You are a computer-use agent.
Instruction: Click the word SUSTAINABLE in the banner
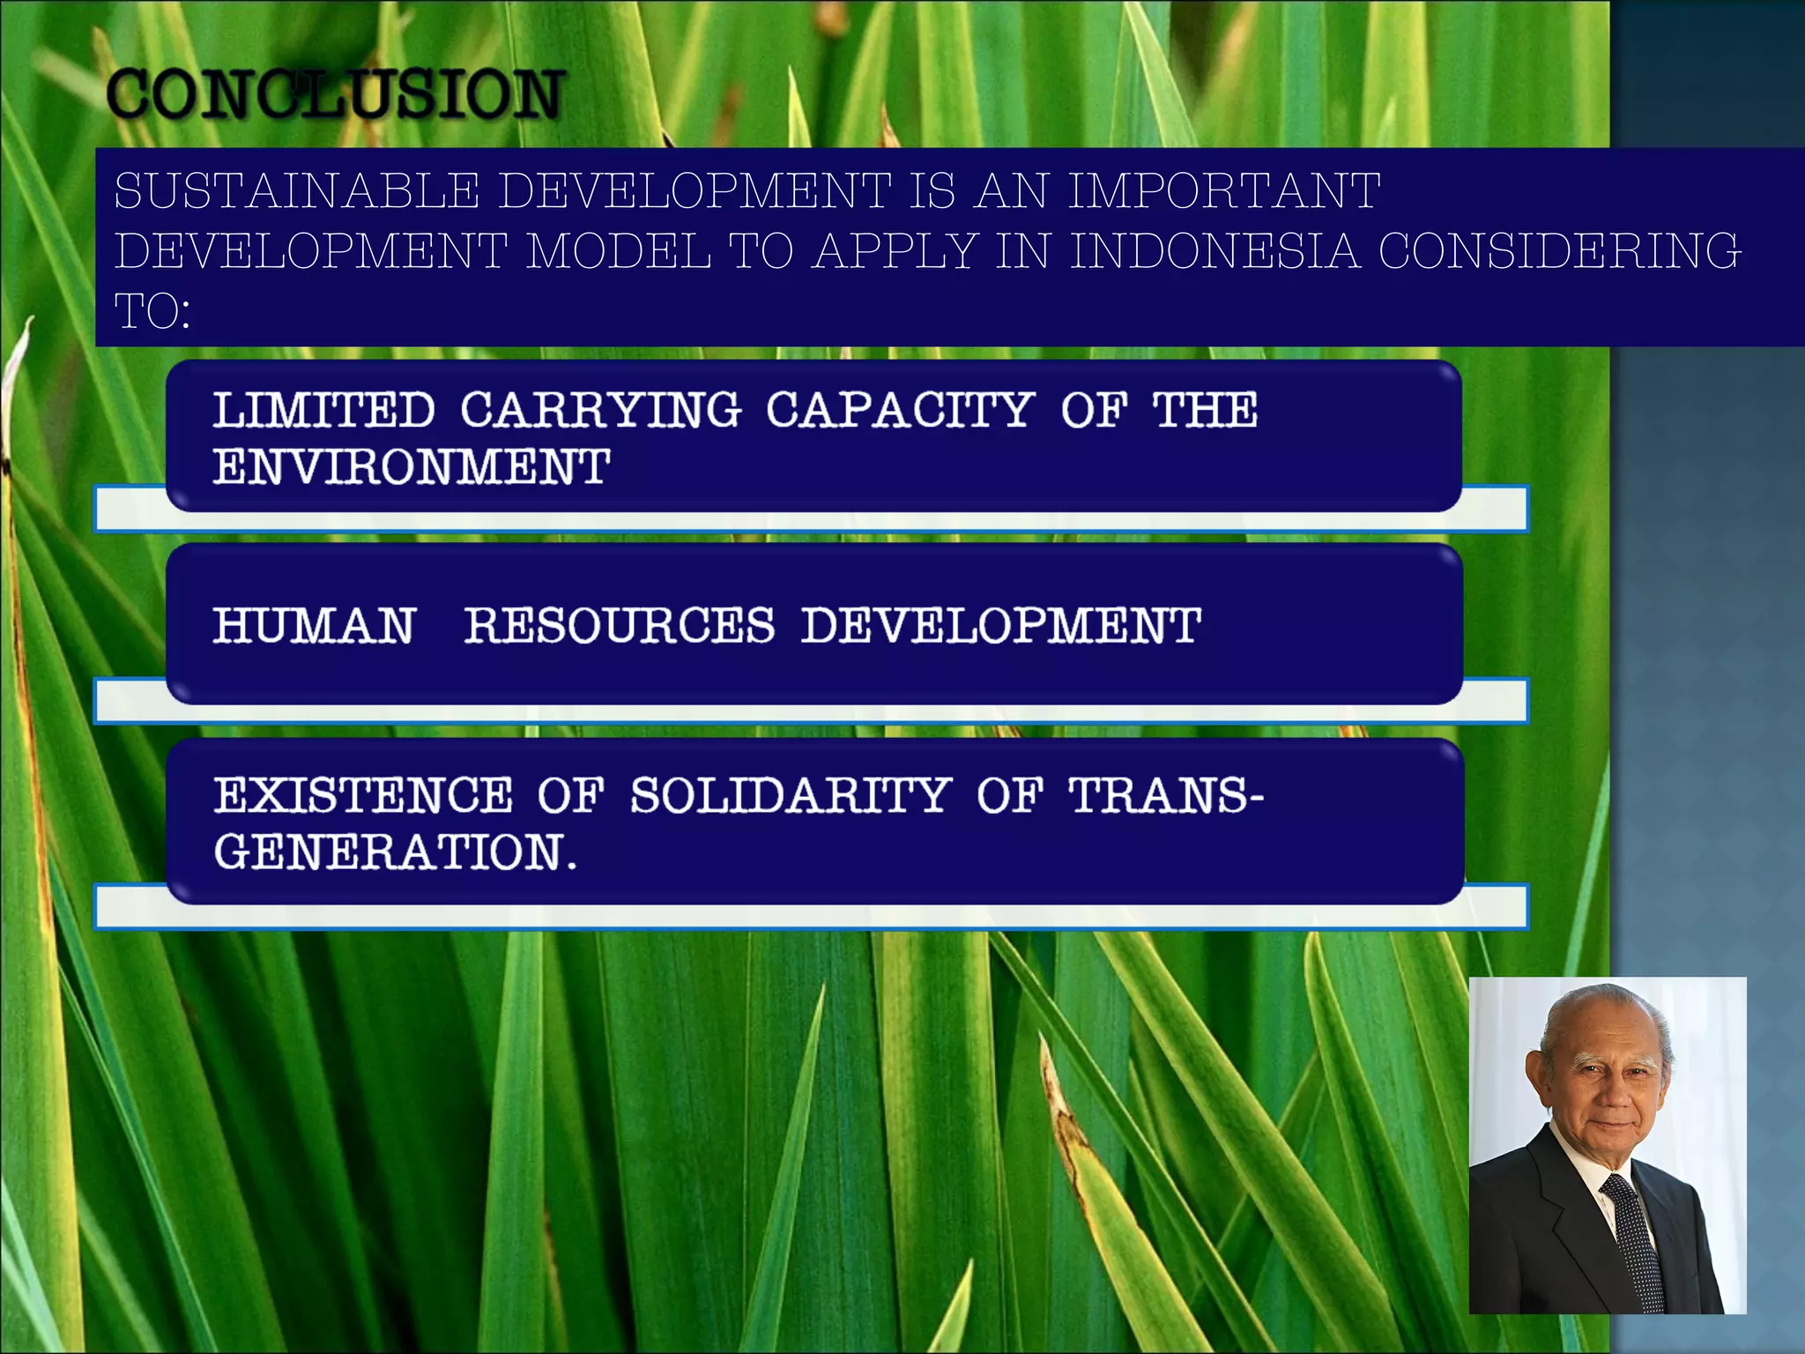point(296,190)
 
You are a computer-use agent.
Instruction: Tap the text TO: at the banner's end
point(152,310)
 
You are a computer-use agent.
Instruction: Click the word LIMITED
point(323,410)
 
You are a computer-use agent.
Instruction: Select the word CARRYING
point(600,410)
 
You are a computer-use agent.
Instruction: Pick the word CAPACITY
point(899,410)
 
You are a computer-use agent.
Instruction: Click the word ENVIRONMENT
point(411,466)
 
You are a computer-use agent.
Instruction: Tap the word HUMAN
point(314,626)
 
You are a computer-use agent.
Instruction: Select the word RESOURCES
point(619,626)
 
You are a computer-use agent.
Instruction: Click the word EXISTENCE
point(363,795)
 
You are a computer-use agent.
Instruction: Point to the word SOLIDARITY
point(791,795)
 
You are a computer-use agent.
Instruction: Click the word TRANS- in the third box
point(1165,795)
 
